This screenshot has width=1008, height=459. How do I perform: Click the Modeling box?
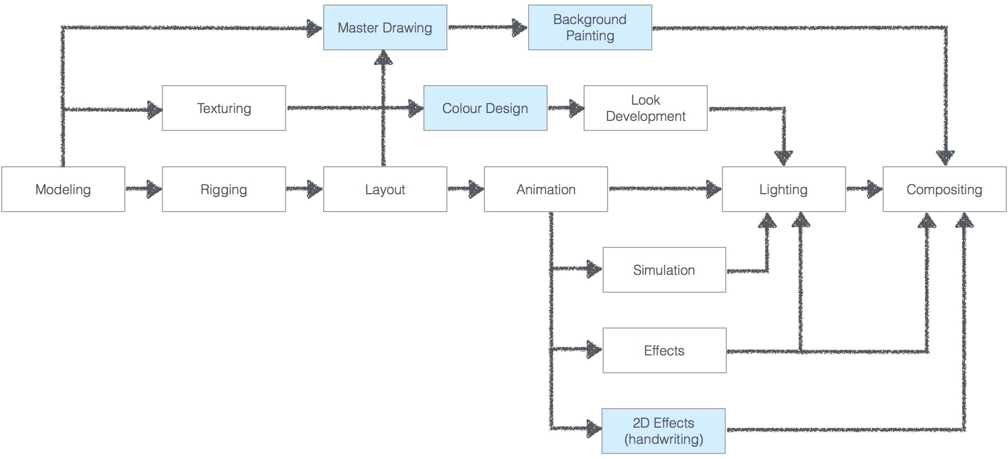(63, 189)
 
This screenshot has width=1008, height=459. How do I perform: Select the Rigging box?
(224, 189)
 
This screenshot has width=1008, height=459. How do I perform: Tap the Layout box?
(385, 189)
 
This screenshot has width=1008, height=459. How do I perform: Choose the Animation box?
(546, 189)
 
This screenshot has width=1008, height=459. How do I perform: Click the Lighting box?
(784, 189)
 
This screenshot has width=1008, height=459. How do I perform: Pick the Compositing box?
(945, 189)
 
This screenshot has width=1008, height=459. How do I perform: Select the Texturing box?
(224, 108)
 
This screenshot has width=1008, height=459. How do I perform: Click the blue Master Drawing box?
(385, 27)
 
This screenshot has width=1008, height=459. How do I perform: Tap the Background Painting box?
(590, 27)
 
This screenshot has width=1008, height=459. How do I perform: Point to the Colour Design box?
(486, 108)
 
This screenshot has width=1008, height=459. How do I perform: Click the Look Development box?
(646, 108)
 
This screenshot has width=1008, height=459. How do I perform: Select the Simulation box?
(664, 270)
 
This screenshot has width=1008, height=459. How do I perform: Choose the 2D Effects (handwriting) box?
(664, 431)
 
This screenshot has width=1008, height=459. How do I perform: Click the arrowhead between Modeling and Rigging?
(154, 189)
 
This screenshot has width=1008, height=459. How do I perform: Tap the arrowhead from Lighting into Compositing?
(875, 189)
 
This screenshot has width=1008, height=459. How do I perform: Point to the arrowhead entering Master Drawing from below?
(384, 58)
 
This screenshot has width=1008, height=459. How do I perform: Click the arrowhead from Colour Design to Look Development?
(576, 108)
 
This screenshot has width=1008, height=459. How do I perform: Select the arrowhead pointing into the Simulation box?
(595, 269)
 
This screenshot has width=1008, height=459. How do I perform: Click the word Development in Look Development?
(646, 116)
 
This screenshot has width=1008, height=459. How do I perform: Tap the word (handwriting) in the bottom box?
(664, 439)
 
